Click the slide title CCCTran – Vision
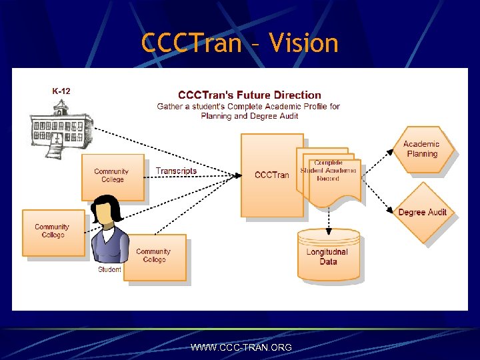240,43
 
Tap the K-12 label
61,91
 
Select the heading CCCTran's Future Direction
249,95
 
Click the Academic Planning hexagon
421,149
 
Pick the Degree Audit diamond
422,212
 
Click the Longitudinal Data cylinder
329,255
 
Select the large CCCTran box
271,175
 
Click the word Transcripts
176,171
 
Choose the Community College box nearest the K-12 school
112,177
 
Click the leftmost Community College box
53,232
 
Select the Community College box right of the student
155,256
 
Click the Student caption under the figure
109,269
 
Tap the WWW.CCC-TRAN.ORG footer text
241,347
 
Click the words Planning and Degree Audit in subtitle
249,115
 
